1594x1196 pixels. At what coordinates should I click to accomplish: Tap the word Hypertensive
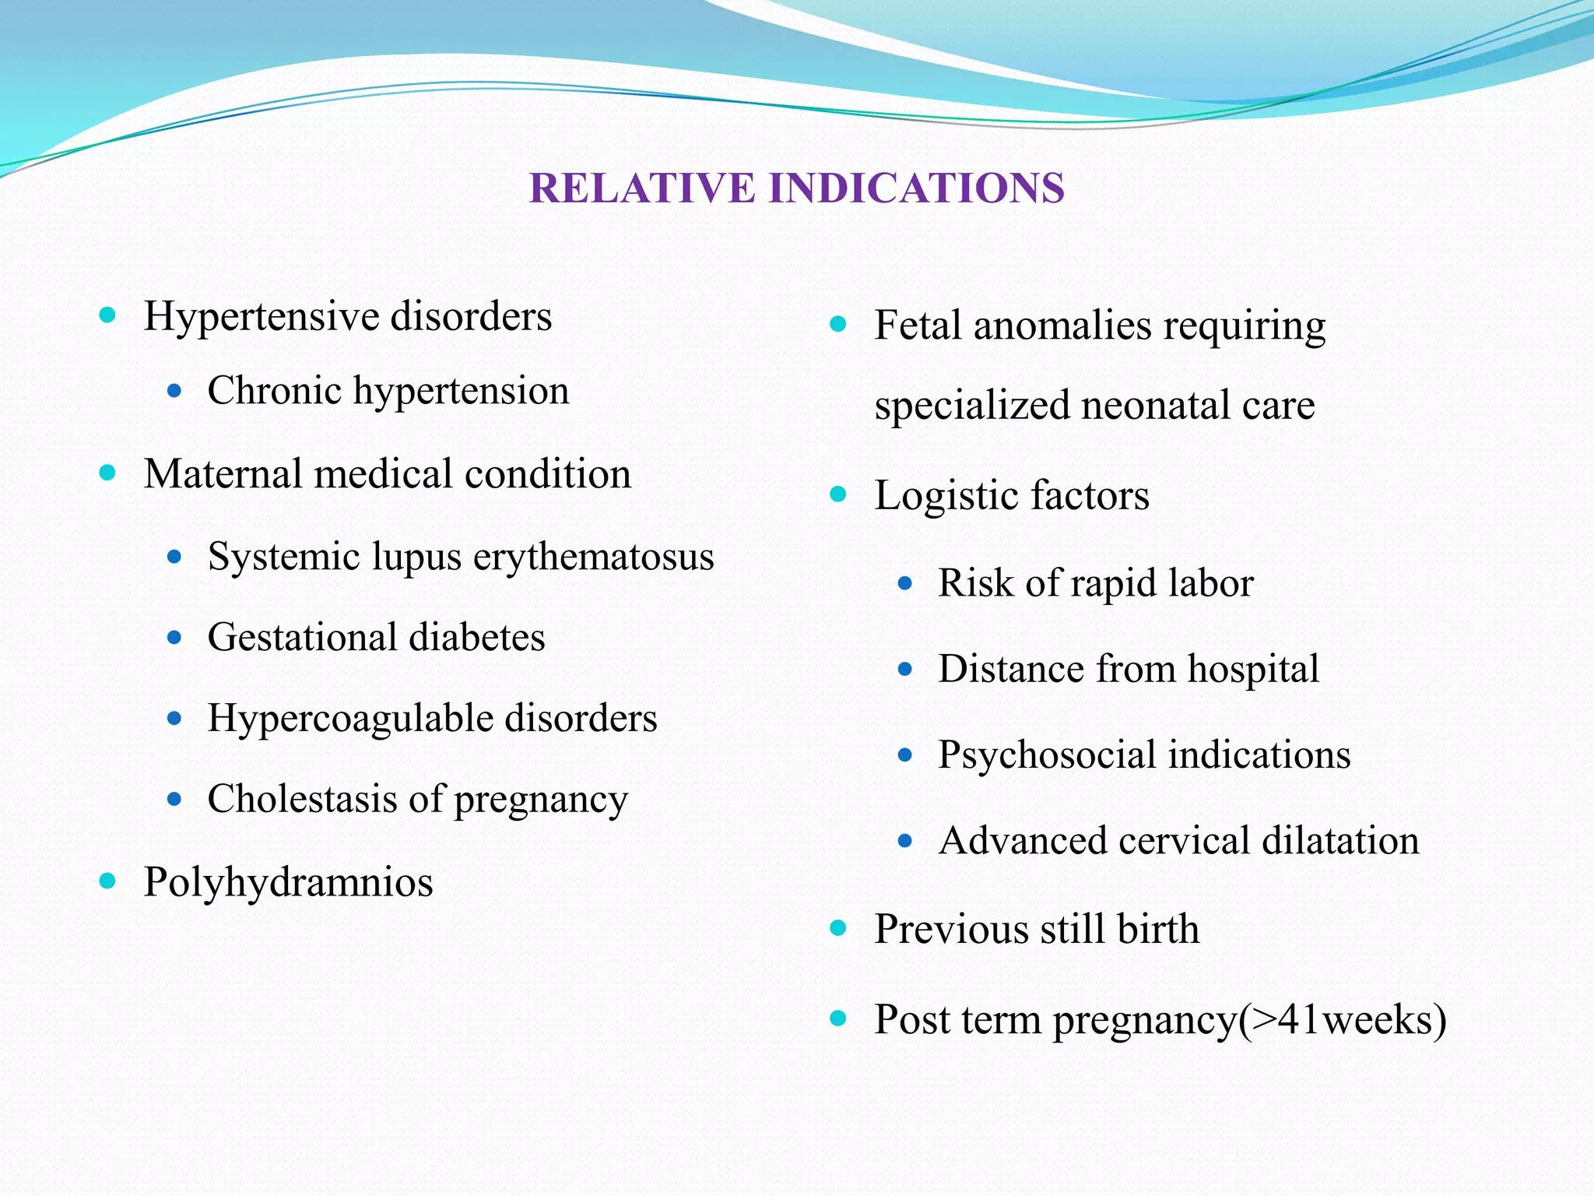click(x=261, y=318)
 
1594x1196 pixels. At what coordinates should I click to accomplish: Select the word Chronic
click(x=274, y=391)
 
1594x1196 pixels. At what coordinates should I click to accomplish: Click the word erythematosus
click(x=593, y=558)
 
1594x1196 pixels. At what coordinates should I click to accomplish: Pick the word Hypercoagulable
click(x=349, y=719)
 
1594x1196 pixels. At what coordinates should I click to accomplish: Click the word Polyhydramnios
click(x=288, y=883)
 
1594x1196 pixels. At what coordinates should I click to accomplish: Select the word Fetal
click(x=918, y=325)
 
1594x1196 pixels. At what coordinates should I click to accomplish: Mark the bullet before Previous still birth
click(x=838, y=928)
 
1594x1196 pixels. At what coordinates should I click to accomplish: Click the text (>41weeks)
click(x=1343, y=1020)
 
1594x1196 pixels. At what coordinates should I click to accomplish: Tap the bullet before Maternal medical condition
click(x=108, y=473)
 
